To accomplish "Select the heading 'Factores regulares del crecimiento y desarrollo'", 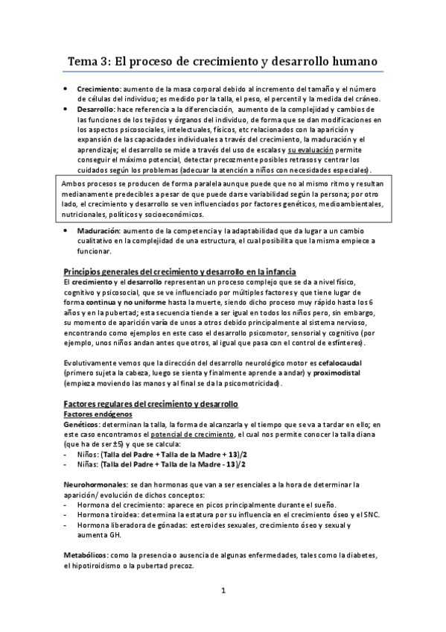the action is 150,403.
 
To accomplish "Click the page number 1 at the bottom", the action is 223,592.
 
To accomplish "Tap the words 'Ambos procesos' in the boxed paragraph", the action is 92,183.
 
